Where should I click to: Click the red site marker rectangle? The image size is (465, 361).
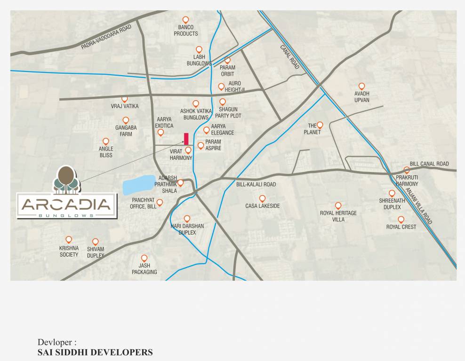coord(186,139)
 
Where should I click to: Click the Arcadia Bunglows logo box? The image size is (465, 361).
coord(66,205)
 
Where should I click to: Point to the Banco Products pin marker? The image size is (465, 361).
coord(186,20)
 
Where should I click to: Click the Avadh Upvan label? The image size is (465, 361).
coord(361,97)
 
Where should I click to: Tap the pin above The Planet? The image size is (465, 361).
coord(320,125)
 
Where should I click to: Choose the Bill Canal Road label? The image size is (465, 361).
coord(429,164)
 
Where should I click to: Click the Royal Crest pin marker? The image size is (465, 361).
coord(401,219)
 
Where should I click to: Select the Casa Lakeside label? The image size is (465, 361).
coord(262,206)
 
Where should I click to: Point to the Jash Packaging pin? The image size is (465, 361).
coord(144,258)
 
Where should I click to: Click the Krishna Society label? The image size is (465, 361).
coord(69,251)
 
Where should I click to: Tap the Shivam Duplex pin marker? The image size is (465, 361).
coord(96,241)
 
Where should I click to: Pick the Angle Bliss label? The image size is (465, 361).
coord(106,152)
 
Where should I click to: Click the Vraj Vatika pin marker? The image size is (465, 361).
coord(125,99)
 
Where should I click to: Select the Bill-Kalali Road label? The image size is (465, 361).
coord(256,185)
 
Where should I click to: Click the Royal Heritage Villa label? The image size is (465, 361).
coord(338,216)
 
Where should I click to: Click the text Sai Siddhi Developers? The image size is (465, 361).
coord(95,352)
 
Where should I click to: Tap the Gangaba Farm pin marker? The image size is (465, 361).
coord(126,120)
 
